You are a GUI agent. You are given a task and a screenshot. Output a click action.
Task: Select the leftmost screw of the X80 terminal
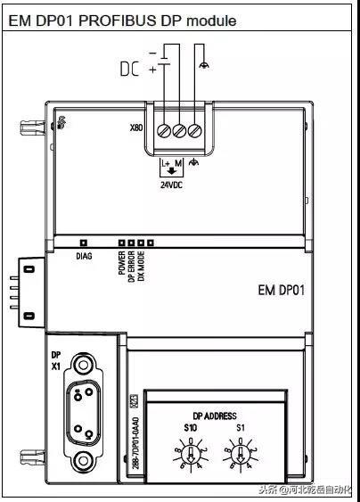pos(164,131)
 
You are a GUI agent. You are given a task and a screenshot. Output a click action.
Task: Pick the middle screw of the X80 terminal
pos(179,131)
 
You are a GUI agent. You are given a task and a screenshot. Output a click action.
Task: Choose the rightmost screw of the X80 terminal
pos(194,131)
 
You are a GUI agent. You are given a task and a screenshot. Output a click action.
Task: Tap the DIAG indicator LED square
pos(82,242)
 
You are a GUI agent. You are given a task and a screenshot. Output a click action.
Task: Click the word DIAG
pos(81,256)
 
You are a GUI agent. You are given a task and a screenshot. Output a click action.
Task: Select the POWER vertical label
pos(121,265)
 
